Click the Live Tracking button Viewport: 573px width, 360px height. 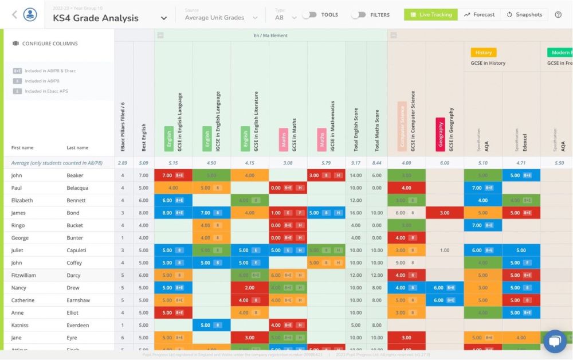tap(431, 14)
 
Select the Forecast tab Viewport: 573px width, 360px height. tap(479, 14)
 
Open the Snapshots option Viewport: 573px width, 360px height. tap(524, 14)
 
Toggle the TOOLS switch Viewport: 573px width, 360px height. tap(309, 15)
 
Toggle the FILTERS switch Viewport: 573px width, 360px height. tap(359, 15)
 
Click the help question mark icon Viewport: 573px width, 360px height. tap(558, 14)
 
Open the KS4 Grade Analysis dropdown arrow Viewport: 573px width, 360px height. tap(164, 18)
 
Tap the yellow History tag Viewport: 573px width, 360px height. tap(484, 52)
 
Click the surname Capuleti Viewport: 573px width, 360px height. tap(79, 251)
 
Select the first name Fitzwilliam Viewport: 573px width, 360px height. tap(25, 275)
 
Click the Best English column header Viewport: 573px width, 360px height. tap(143, 138)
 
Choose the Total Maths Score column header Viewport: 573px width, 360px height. tap(376, 131)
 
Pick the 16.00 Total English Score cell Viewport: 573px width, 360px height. tap(355, 213)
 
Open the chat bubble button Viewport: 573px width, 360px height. tap(554, 342)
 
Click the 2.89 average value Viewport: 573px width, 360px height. tap(123, 163)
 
